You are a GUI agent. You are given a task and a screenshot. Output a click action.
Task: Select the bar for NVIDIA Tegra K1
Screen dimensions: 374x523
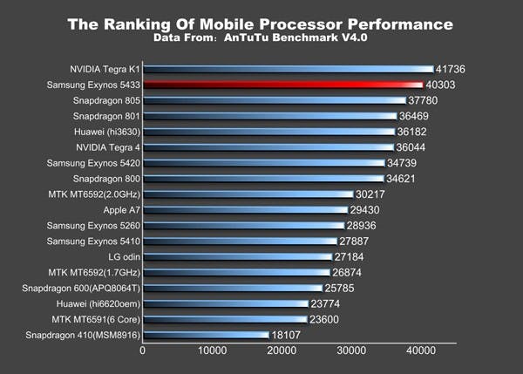pos(288,69)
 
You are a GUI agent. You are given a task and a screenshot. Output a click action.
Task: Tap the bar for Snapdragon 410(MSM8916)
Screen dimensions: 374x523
pos(206,335)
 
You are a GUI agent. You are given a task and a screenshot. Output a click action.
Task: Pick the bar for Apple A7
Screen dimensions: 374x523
pos(245,210)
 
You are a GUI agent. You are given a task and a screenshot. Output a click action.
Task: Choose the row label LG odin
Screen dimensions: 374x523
pos(119,257)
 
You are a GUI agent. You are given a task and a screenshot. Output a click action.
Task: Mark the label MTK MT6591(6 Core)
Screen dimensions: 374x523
pos(96,319)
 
